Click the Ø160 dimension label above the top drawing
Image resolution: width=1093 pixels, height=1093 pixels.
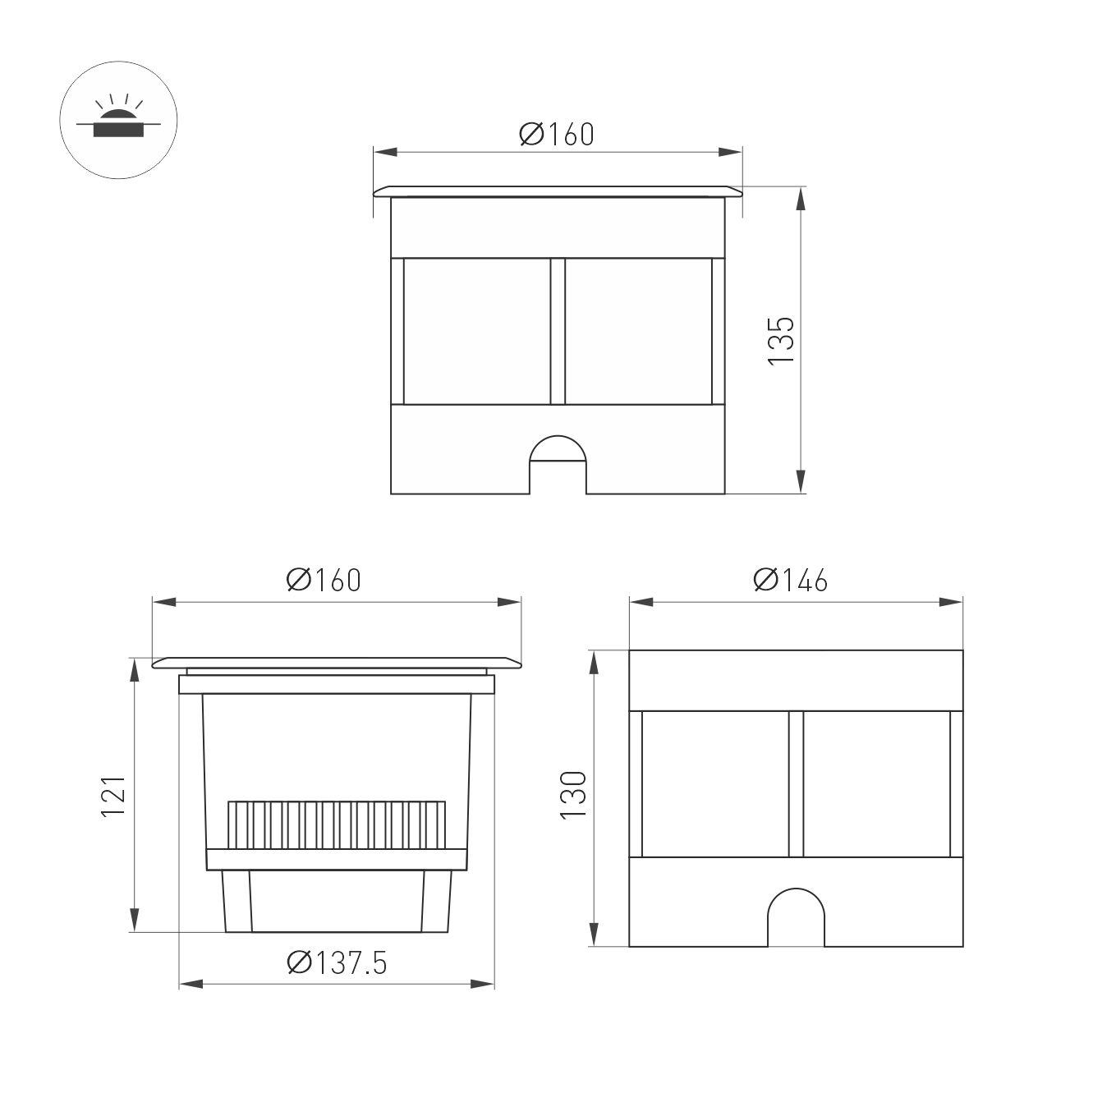[556, 134]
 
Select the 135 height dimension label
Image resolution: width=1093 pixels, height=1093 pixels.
[781, 341]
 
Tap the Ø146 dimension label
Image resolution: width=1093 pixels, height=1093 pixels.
[790, 581]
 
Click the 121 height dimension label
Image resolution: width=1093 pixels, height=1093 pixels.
[113, 795]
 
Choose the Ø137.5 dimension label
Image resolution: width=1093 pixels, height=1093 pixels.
[337, 962]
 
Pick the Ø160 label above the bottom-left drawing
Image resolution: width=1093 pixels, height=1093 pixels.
[323, 581]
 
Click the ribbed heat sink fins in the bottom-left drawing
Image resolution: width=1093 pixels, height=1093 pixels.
[337, 824]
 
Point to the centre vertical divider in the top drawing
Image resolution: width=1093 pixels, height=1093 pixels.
[558, 332]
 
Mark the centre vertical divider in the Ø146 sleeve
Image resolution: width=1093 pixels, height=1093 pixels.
[796, 784]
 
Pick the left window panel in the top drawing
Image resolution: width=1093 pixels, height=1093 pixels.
[477, 332]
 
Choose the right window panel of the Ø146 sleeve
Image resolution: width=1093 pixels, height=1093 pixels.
[875, 784]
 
